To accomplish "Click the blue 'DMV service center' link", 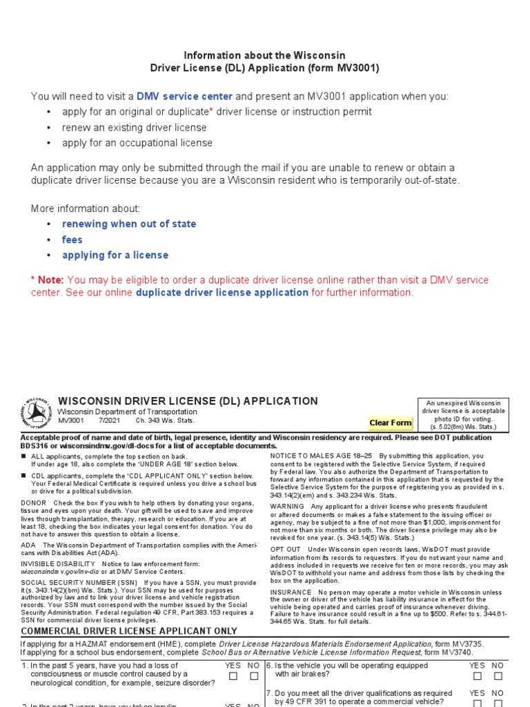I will (x=184, y=96).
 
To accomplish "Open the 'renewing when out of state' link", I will (x=129, y=224).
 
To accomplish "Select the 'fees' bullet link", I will (x=72, y=240).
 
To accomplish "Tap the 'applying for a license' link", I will (x=115, y=255).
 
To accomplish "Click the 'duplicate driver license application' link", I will (x=222, y=293).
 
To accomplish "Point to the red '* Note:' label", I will (x=48, y=280).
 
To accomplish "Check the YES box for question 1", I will (x=234, y=677).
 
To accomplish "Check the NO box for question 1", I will (x=254, y=677).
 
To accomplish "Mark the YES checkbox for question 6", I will (x=477, y=677).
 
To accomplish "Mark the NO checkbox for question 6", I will (x=498, y=677).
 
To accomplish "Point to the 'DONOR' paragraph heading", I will (x=34, y=503).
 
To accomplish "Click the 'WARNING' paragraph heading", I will (x=288, y=507).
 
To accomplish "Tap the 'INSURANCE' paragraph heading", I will (x=291, y=592).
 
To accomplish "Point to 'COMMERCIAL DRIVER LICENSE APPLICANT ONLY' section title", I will (x=129, y=631).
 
